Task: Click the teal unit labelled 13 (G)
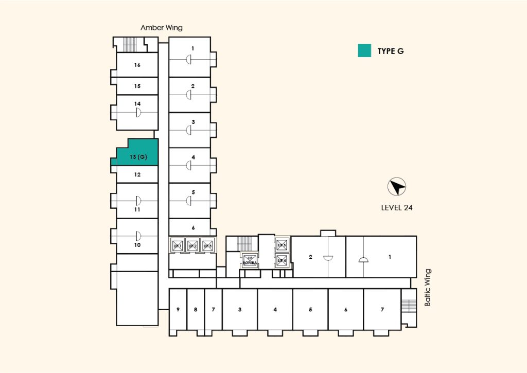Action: (x=136, y=154)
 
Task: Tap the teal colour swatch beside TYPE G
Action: (x=364, y=50)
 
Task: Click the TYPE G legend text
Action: (x=391, y=51)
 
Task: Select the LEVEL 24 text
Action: (x=397, y=208)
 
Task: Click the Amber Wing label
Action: (x=162, y=28)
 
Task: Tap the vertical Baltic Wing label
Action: (x=427, y=288)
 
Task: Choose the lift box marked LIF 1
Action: (x=177, y=245)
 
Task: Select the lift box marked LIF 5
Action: (x=282, y=245)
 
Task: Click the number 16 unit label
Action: (x=137, y=65)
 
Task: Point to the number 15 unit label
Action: (x=137, y=86)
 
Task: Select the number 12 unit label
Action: (x=137, y=174)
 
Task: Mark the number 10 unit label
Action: (x=137, y=245)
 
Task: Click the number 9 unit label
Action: (x=178, y=310)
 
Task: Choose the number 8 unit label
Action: (x=196, y=310)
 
